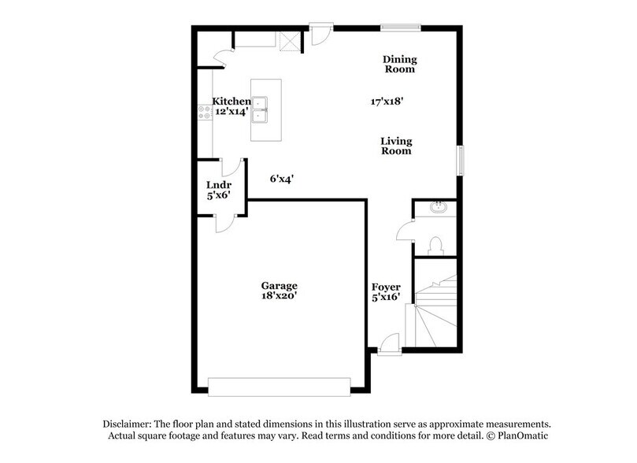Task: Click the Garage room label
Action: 279,285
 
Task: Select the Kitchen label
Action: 231,102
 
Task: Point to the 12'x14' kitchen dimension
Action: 231,112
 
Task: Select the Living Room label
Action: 396,146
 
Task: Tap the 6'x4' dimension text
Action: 281,179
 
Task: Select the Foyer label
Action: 386,287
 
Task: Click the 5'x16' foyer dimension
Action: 386,297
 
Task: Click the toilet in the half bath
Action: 437,245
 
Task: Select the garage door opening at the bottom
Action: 278,386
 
